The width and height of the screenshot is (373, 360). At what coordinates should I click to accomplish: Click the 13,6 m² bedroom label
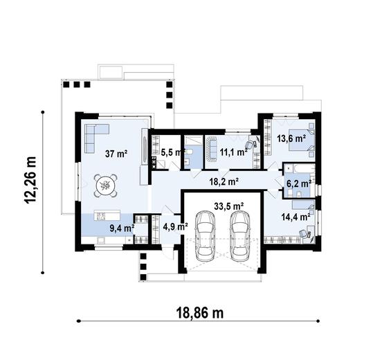coord(291,138)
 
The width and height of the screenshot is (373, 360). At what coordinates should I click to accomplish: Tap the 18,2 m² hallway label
coord(224,183)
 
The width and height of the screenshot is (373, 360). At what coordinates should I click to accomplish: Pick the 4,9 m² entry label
coord(176,226)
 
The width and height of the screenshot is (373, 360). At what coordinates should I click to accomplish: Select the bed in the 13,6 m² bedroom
coord(303,142)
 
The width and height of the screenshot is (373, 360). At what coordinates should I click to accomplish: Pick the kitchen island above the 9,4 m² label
coord(107,213)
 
